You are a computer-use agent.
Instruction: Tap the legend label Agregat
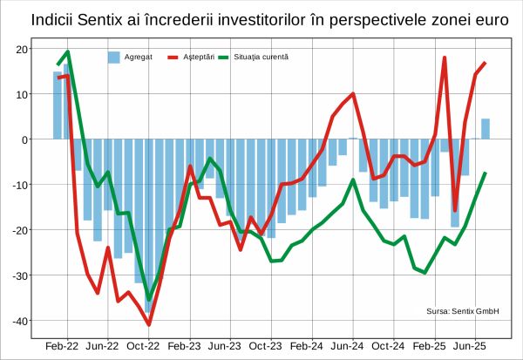coord(139,57)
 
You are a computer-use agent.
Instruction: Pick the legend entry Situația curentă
coord(261,57)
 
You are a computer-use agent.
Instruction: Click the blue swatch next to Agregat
coord(113,57)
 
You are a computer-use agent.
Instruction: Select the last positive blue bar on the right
coord(486,129)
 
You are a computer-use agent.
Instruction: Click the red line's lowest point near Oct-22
coord(149,324)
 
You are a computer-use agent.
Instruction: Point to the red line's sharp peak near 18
coord(445,58)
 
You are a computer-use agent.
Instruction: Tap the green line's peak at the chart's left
coord(69,51)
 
